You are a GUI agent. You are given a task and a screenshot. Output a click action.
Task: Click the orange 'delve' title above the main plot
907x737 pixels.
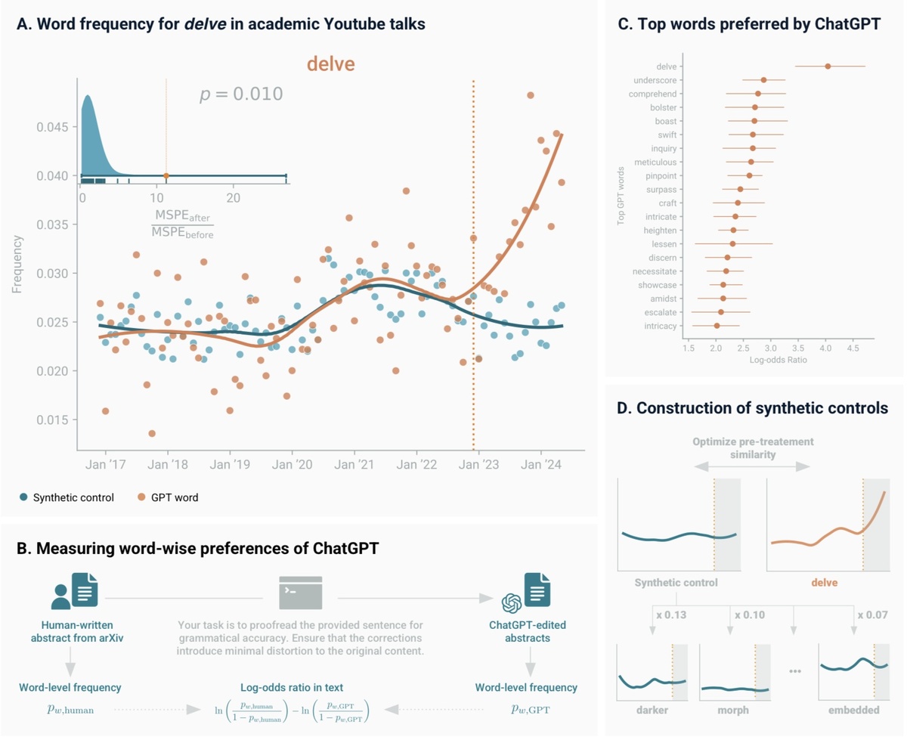(330, 64)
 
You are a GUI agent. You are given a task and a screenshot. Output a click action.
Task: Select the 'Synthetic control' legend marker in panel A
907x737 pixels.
(24, 497)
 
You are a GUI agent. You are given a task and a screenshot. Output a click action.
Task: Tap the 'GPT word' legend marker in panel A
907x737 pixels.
(141, 497)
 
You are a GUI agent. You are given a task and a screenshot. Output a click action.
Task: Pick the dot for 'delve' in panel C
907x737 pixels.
(828, 67)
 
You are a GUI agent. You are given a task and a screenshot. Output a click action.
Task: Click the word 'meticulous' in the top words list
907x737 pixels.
(657, 162)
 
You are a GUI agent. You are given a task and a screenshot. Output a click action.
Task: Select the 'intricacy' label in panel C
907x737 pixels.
(661, 325)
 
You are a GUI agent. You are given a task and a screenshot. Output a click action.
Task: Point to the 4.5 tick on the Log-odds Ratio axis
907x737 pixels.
(853, 349)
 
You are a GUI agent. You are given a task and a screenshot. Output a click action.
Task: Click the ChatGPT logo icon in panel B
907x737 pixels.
(512, 604)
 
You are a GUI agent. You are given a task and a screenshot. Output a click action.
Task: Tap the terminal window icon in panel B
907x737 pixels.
(301, 592)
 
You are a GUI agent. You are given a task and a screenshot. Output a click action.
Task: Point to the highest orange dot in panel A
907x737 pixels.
(531, 95)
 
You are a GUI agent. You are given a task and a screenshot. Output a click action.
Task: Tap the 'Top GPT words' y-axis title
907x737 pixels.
(621, 196)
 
